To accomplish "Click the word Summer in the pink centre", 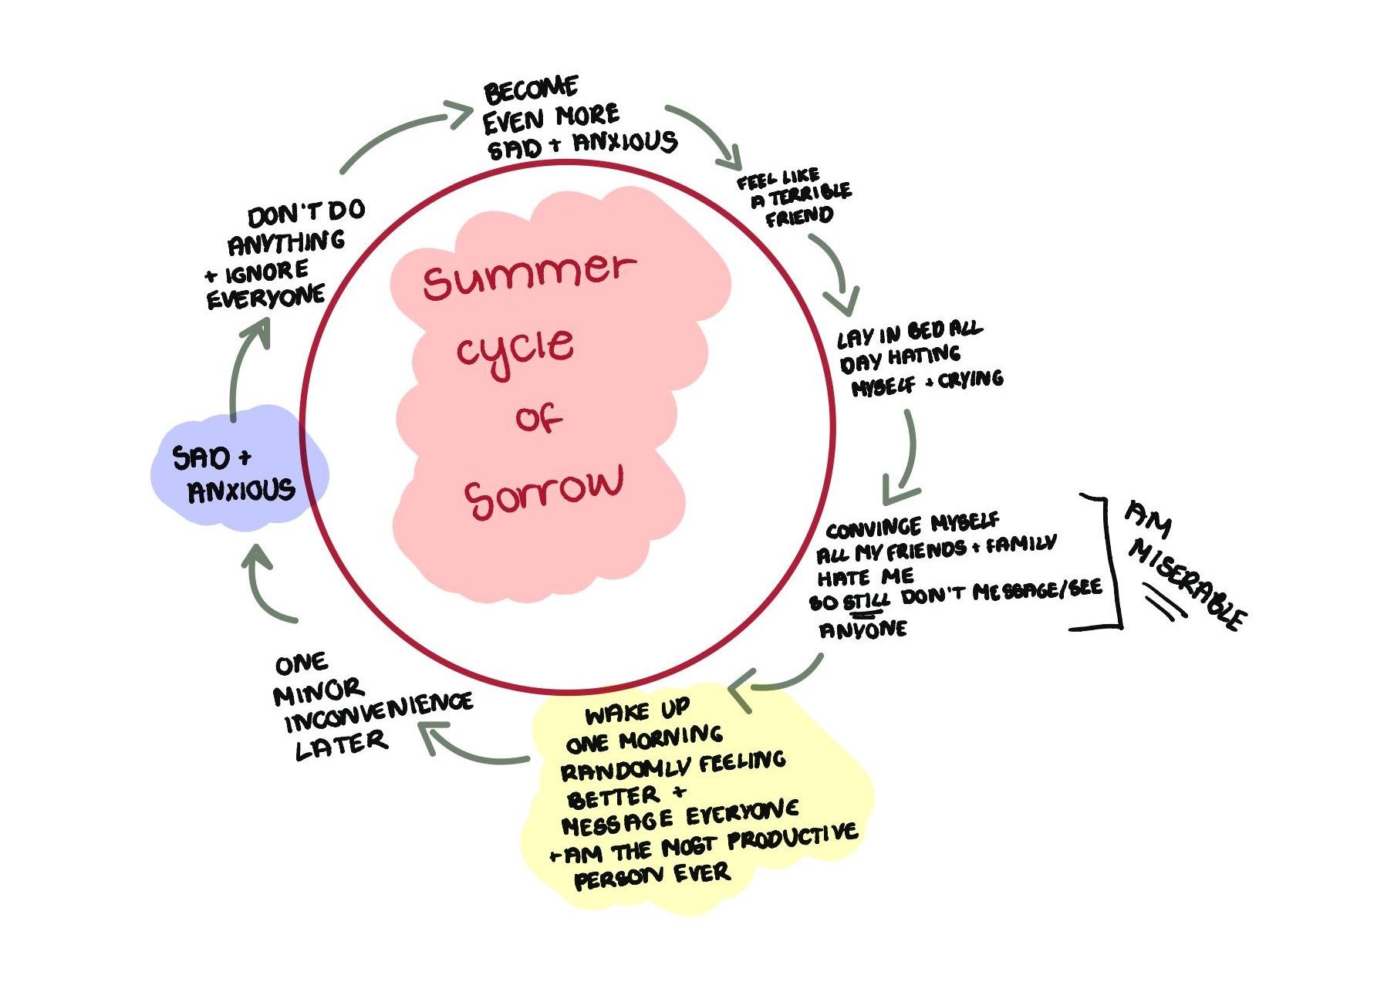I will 528,275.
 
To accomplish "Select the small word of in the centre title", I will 538,419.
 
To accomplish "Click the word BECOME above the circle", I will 531,90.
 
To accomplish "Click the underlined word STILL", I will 866,600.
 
